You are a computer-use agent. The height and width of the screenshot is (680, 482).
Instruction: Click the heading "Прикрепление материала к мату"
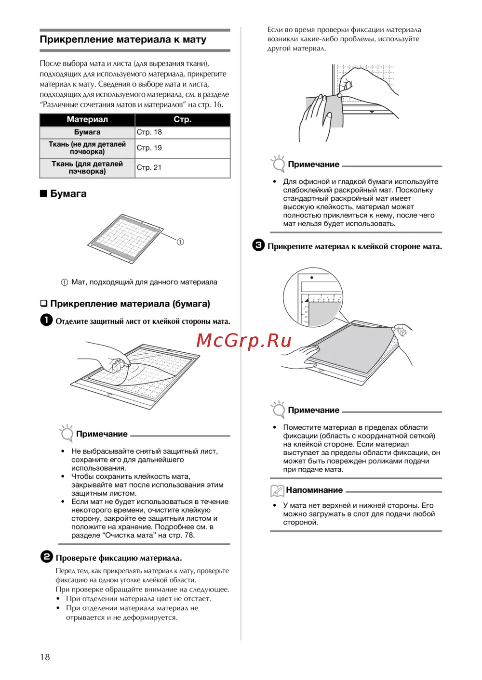tap(123, 40)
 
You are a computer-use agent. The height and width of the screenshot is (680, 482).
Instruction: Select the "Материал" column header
tap(87, 119)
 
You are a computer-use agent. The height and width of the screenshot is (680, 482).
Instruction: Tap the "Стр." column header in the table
tap(182, 119)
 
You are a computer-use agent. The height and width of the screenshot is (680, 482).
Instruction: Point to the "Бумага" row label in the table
tap(87, 132)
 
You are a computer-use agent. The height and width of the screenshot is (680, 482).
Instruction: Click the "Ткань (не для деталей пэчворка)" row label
tap(87, 148)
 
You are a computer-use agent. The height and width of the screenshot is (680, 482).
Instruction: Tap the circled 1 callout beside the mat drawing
tap(180, 242)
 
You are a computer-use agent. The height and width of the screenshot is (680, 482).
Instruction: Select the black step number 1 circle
tap(46, 320)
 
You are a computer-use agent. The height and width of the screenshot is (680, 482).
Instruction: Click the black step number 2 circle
tap(46, 557)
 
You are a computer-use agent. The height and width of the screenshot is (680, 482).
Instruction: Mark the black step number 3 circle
tap(258, 245)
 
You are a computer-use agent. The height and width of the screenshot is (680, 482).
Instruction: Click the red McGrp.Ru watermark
tap(244, 340)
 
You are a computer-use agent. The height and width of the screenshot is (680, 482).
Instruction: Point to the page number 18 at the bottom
tap(45, 657)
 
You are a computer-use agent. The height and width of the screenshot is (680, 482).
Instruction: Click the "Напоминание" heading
tap(314, 490)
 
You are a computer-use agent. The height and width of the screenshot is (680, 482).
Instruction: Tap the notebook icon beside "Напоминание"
tap(277, 491)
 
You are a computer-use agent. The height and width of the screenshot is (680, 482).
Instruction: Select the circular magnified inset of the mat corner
tap(313, 297)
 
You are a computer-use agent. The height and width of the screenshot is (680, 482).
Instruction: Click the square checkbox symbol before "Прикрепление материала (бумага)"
tap(44, 304)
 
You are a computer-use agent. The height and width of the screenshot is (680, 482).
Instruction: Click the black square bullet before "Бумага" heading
tap(43, 193)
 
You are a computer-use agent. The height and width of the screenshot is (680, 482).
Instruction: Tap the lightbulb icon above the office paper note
tap(278, 164)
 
